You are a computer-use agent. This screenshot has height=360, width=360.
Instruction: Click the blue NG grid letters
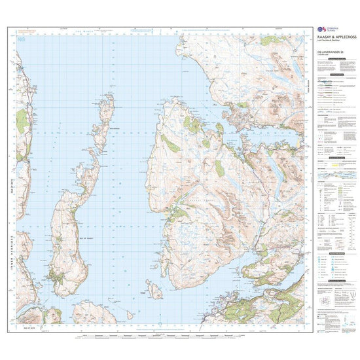[x=22, y=41]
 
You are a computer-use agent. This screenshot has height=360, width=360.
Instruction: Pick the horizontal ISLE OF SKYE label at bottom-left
[x=24, y=325]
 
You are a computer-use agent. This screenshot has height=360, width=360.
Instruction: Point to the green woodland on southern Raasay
[x=63, y=281]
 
